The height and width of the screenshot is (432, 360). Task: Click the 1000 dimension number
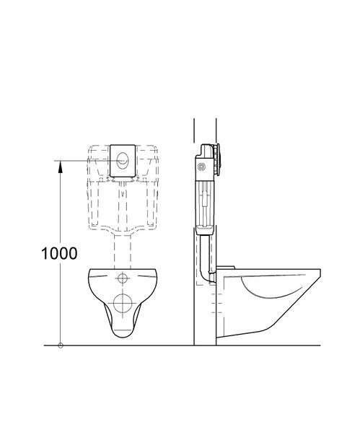(59, 253)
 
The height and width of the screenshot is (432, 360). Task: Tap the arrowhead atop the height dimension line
(61, 167)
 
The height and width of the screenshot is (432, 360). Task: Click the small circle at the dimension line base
(61, 345)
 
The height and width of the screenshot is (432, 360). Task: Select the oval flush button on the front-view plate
(123, 161)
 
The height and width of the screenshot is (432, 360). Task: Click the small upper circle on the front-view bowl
(123, 278)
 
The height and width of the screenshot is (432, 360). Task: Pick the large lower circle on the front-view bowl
(123, 303)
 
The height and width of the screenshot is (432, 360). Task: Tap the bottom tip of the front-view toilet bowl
(123, 338)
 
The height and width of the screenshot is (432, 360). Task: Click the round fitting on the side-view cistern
(202, 167)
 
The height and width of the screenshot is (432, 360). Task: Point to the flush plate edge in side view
(218, 159)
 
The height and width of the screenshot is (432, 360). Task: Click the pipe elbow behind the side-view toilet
(206, 273)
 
